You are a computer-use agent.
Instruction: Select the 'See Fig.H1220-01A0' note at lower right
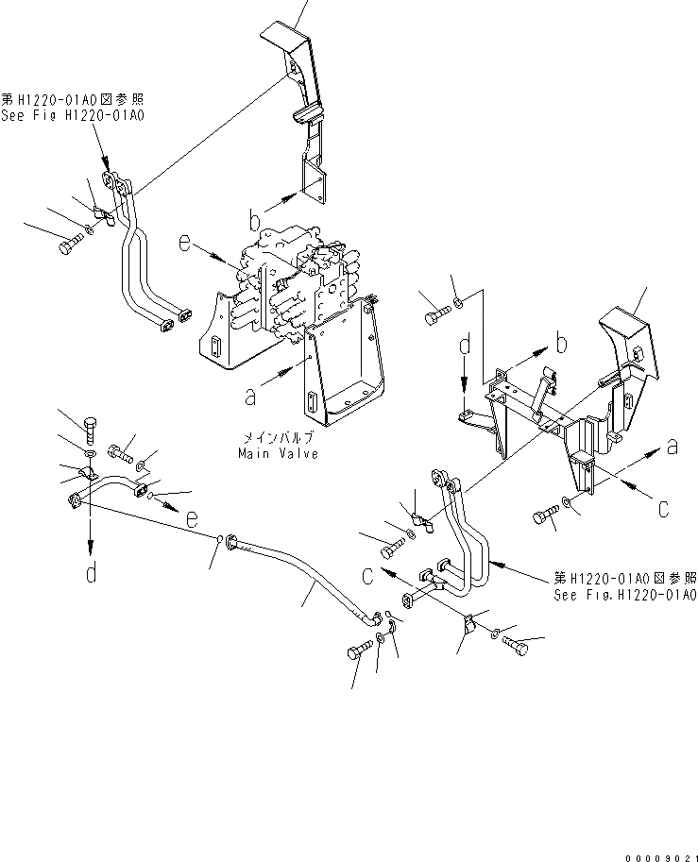tap(625, 596)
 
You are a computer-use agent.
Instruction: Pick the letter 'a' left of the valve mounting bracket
tap(249, 397)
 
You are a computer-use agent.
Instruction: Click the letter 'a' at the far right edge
tap(672, 447)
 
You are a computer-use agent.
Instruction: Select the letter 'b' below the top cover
tap(254, 222)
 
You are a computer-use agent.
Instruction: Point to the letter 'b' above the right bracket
tap(561, 340)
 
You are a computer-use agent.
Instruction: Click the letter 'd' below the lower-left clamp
tap(91, 572)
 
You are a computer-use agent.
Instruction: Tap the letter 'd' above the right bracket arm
tap(464, 347)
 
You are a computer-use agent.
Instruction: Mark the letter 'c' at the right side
tap(663, 509)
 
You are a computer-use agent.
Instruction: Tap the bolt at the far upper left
tap(67, 245)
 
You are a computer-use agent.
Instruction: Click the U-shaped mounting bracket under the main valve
tap(349, 373)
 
